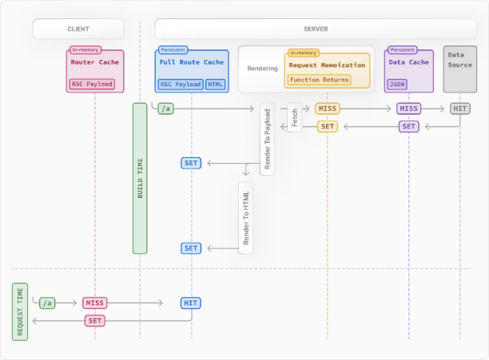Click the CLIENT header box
(x=78, y=29)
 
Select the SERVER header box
(x=316, y=29)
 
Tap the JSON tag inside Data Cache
(x=397, y=84)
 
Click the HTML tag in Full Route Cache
(x=215, y=84)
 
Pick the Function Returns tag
(x=319, y=80)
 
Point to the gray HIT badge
(x=460, y=109)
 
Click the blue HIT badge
(x=190, y=303)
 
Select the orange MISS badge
(x=327, y=109)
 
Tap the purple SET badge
(x=408, y=126)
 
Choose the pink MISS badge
(x=95, y=303)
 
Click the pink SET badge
(x=95, y=321)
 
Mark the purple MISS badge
(x=408, y=109)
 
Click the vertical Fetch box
(x=294, y=117)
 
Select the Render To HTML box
(x=246, y=218)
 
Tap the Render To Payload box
(x=267, y=139)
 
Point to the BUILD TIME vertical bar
(x=140, y=179)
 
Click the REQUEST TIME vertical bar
(x=20, y=312)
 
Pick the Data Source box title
(x=460, y=60)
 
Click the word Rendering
(x=262, y=69)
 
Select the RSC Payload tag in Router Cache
(x=92, y=84)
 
